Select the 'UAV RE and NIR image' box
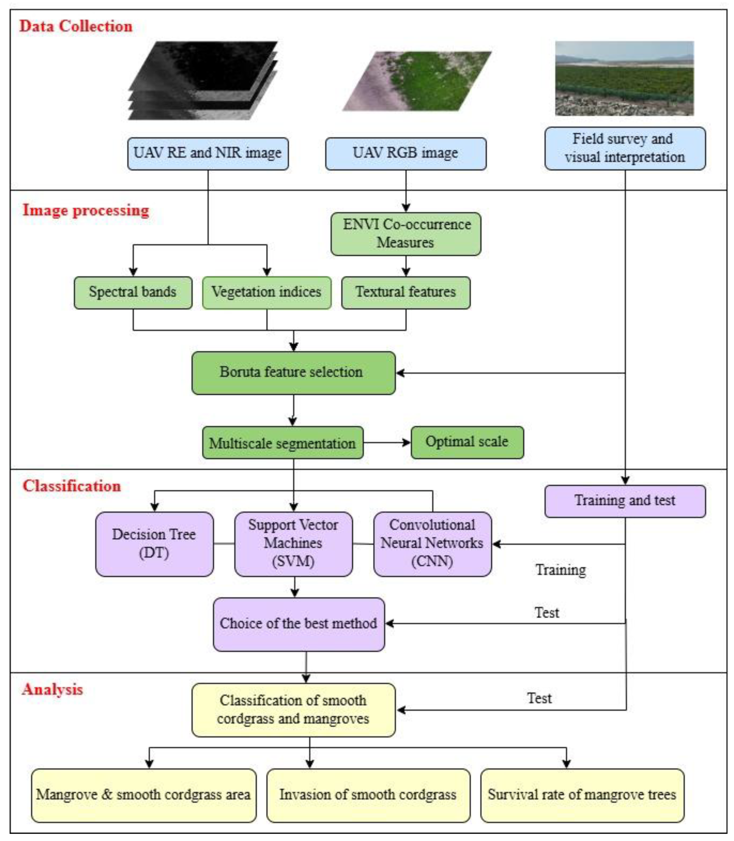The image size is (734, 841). (x=208, y=153)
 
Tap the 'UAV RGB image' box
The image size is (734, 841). (x=406, y=153)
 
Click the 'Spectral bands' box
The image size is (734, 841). (x=133, y=292)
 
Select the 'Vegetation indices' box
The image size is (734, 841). (x=267, y=292)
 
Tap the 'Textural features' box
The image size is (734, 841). (x=406, y=292)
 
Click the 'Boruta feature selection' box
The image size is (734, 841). (x=293, y=373)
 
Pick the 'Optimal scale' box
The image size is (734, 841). (x=467, y=442)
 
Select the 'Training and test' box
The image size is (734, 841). (x=625, y=501)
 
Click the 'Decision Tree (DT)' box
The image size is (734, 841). (x=154, y=544)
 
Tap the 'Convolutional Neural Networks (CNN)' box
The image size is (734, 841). (x=432, y=544)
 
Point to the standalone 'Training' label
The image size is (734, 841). (x=560, y=570)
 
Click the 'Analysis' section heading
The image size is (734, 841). (x=52, y=689)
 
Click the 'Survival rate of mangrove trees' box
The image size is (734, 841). (x=582, y=795)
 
